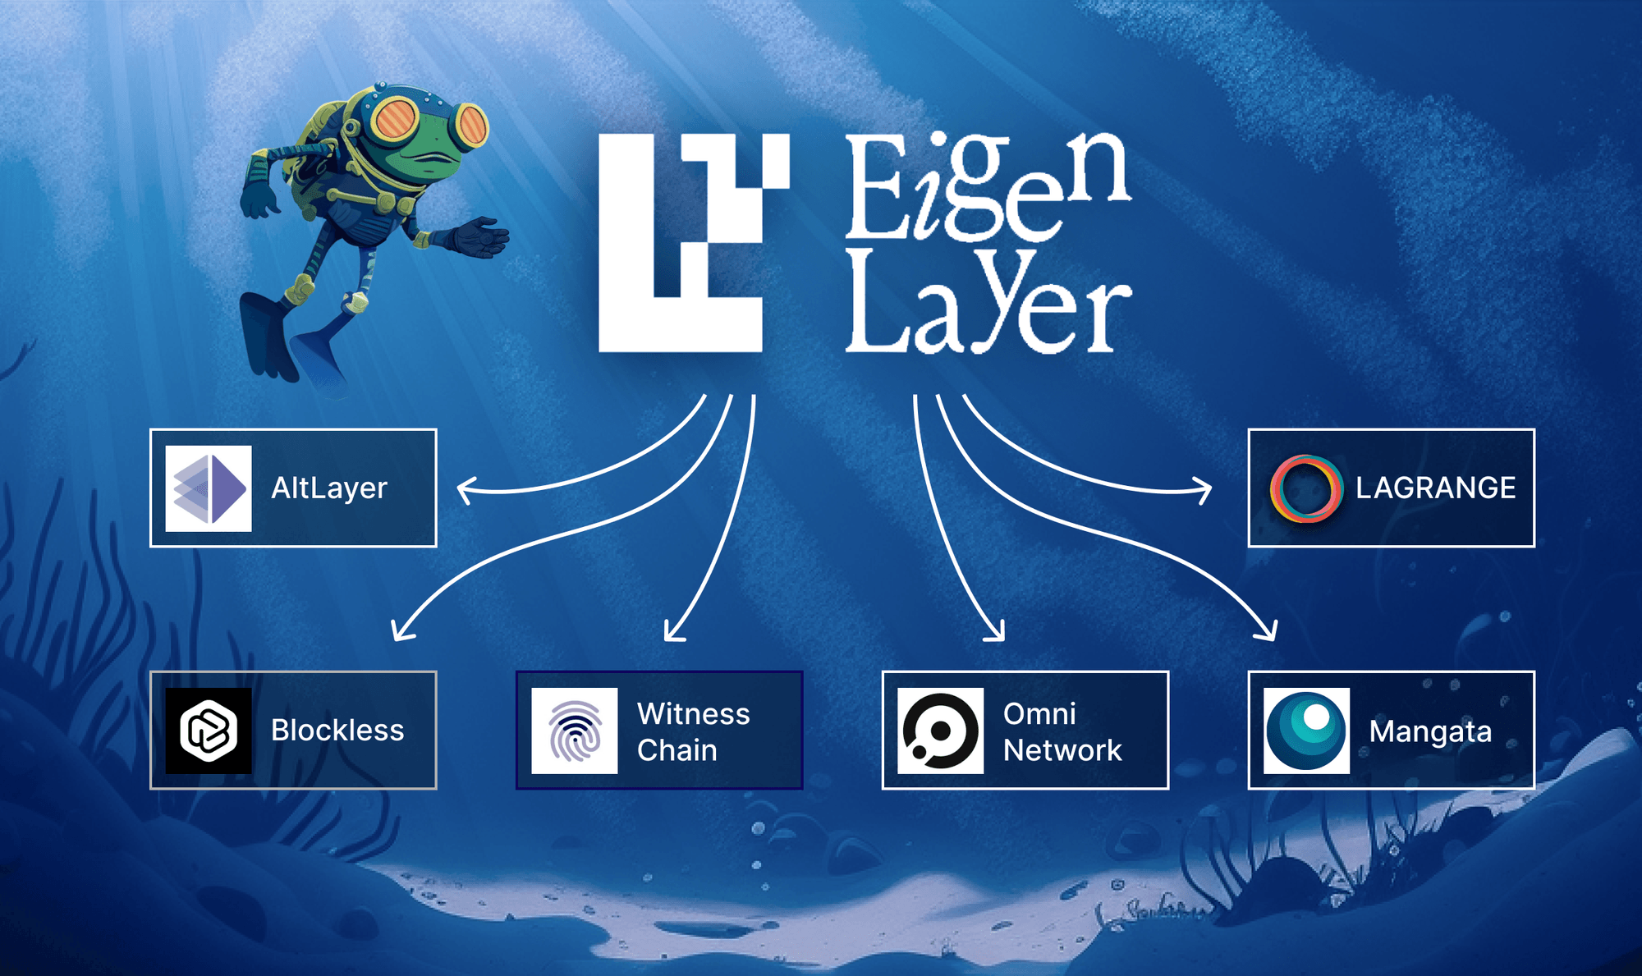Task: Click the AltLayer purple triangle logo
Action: [209, 488]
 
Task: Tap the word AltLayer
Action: [328, 488]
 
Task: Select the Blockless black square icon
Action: [209, 731]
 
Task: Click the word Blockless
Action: [337, 731]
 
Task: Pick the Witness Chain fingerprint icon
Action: [575, 731]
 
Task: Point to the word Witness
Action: [693, 713]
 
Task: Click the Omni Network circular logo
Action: [940, 731]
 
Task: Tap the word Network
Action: [1062, 750]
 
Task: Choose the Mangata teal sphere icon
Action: [1306, 731]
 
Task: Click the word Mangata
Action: [1430, 731]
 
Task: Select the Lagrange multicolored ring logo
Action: [1306, 488]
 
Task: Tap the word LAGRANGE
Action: [1435, 488]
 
